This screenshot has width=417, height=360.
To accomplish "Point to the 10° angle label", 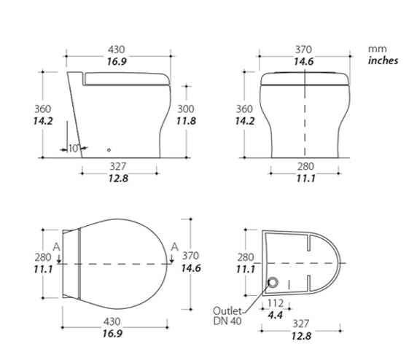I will point(74,149).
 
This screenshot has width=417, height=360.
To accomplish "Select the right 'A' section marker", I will point(174,247).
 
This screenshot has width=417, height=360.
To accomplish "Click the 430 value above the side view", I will point(117,50).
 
